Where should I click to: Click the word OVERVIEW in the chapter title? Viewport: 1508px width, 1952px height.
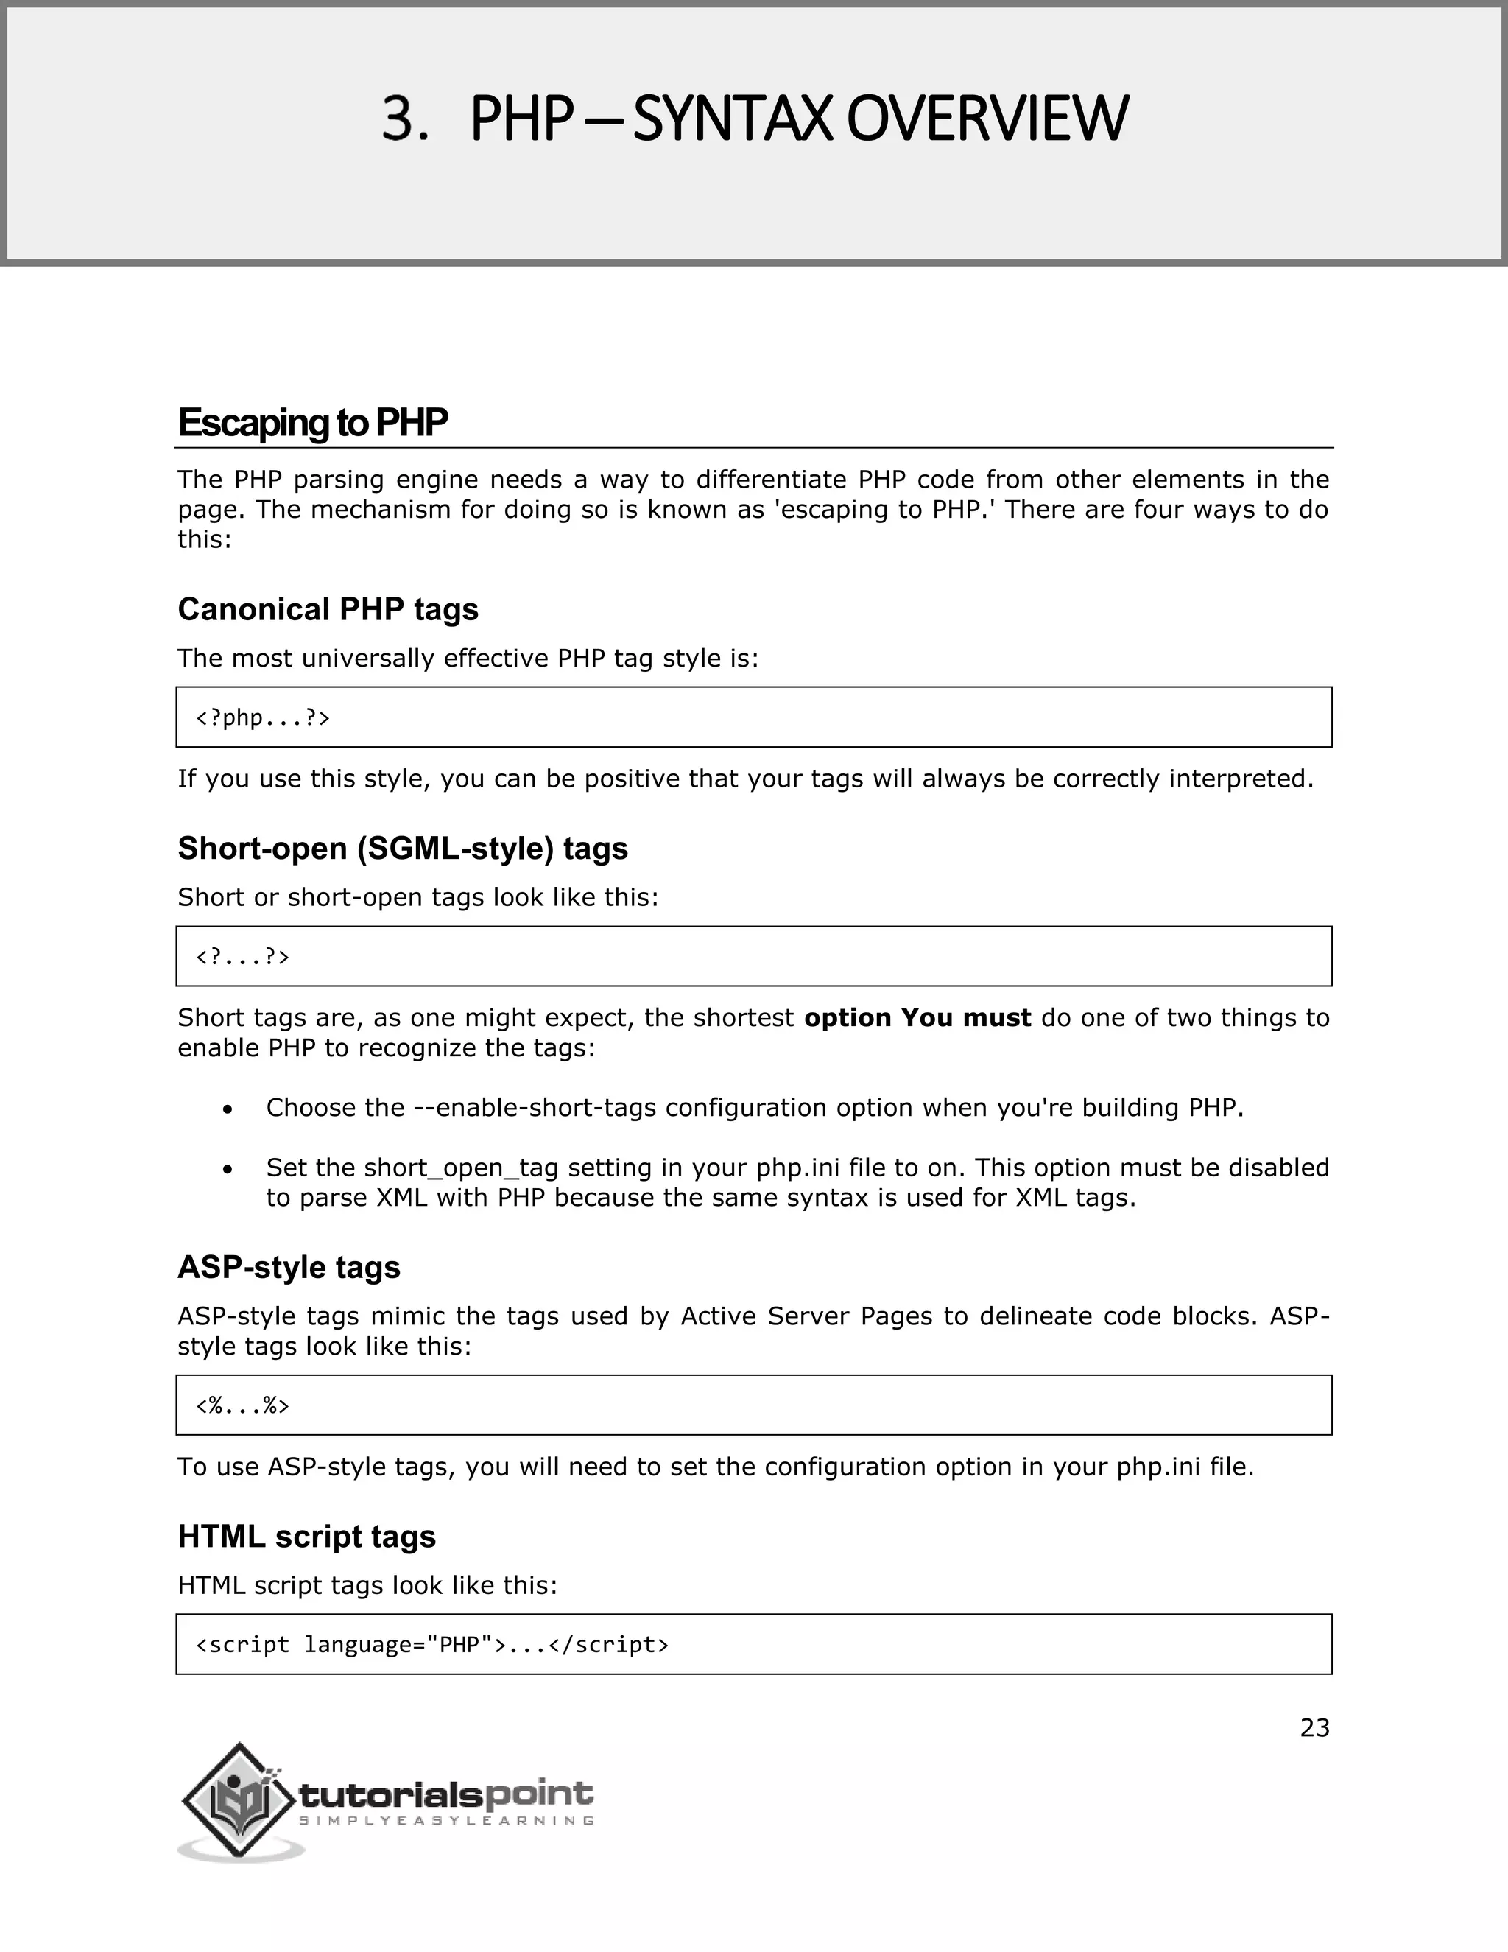pyautogui.click(x=987, y=120)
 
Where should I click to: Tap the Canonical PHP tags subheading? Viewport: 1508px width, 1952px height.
pyautogui.click(x=328, y=610)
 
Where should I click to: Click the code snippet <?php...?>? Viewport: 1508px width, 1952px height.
pyautogui.click(x=263, y=717)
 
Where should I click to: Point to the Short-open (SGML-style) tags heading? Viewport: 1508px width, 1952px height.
pyautogui.click(x=402, y=848)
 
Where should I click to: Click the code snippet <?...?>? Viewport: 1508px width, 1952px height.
pyautogui.click(x=242, y=958)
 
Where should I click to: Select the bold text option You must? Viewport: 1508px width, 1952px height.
pyautogui.click(x=917, y=1018)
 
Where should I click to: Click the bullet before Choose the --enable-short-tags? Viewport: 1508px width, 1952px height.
pyautogui.click(x=229, y=1109)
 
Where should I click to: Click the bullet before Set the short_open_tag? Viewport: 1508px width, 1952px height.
pyautogui.click(x=229, y=1169)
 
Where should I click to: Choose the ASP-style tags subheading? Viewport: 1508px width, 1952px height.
pyautogui.click(x=289, y=1268)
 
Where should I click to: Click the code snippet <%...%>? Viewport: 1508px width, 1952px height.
pyautogui.click(x=242, y=1406)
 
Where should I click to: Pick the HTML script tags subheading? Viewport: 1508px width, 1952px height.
pyautogui.click(x=306, y=1537)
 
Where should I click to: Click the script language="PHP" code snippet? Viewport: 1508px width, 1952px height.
pyautogui.click(x=431, y=1645)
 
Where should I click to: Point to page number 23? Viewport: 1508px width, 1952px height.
pyautogui.click(x=1314, y=1729)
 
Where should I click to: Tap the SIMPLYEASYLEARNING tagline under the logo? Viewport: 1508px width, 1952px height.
pyautogui.click(x=447, y=1821)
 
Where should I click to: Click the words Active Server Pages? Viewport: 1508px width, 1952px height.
pyautogui.click(x=808, y=1316)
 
